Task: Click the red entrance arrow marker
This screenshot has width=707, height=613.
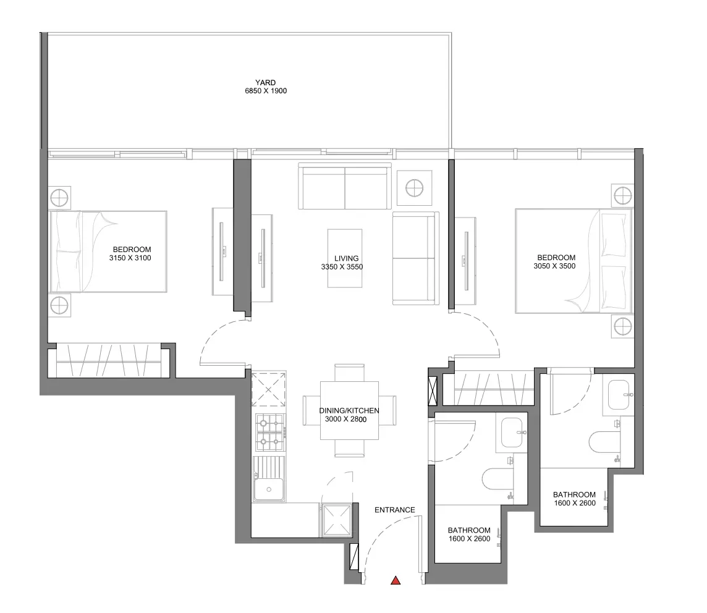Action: point(396,580)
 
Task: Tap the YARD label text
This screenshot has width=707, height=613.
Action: point(265,82)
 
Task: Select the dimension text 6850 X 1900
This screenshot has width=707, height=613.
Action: point(266,91)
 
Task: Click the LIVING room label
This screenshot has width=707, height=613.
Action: point(346,258)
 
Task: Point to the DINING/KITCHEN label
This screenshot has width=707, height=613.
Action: point(349,410)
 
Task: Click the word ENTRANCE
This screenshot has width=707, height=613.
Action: point(394,510)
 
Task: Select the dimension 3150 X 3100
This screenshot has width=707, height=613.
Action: point(130,258)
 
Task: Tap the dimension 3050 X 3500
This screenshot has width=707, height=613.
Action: point(554,266)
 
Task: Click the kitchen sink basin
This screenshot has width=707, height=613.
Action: point(269,489)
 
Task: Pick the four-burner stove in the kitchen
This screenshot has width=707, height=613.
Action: point(270,433)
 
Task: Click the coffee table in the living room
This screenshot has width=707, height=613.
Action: point(345,258)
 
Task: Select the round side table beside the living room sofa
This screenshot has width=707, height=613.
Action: point(414,188)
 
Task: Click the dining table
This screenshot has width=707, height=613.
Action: point(349,410)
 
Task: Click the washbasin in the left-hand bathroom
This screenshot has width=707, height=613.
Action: point(512,433)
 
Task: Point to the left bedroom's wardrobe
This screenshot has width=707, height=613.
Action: point(108,361)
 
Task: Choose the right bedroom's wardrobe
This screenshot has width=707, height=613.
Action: point(494,388)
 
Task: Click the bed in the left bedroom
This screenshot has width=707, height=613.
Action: point(108,252)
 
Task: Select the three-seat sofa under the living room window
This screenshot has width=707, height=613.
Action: point(345,186)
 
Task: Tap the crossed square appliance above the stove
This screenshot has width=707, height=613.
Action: point(268,389)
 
